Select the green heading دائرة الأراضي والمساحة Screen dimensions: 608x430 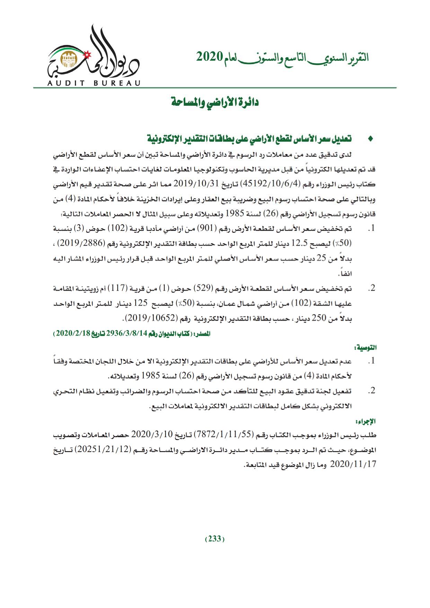[x=216, y=103]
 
